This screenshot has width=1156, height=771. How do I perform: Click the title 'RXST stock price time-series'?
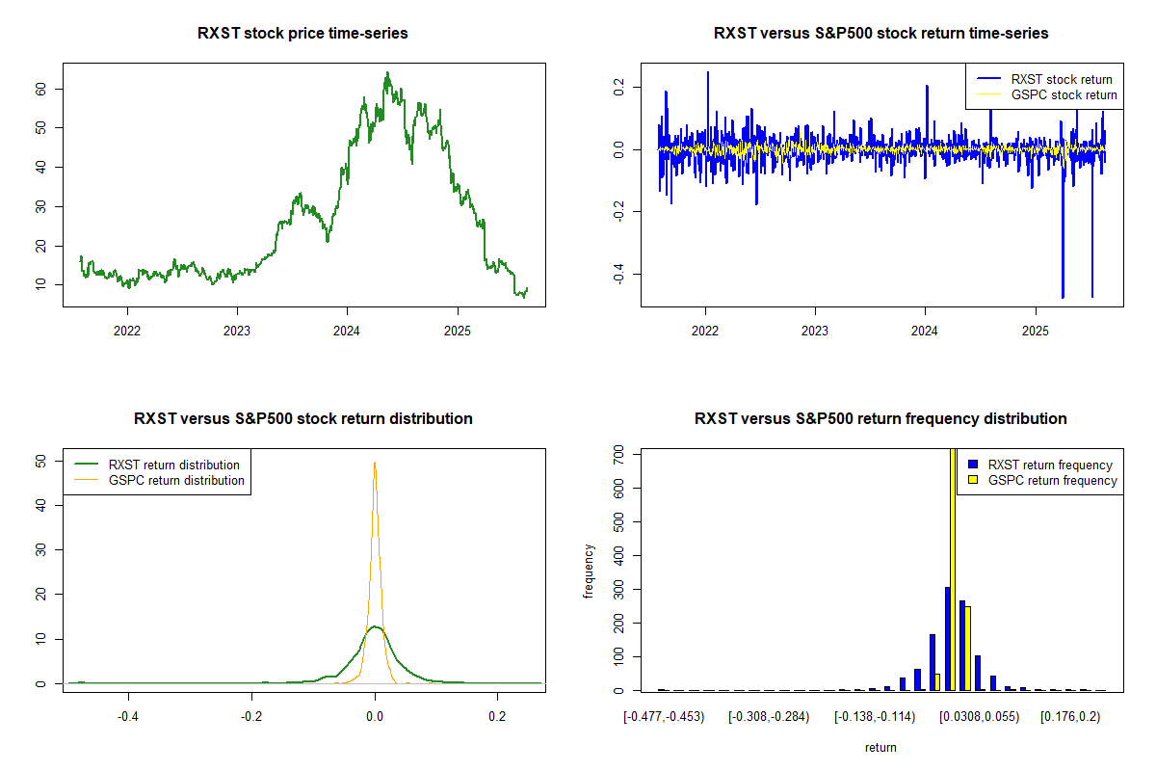[x=302, y=34]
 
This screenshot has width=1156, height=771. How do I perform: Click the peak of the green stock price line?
[x=387, y=73]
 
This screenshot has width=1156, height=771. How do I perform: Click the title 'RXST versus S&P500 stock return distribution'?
[x=302, y=419]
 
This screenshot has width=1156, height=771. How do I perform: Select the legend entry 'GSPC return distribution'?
[x=176, y=480]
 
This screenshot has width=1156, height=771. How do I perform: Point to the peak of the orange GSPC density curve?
[x=375, y=463]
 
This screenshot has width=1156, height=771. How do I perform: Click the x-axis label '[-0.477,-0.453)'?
[x=663, y=716]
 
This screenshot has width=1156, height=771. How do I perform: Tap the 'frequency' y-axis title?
[x=591, y=572]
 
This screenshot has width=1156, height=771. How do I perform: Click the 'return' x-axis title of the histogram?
[x=880, y=747]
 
